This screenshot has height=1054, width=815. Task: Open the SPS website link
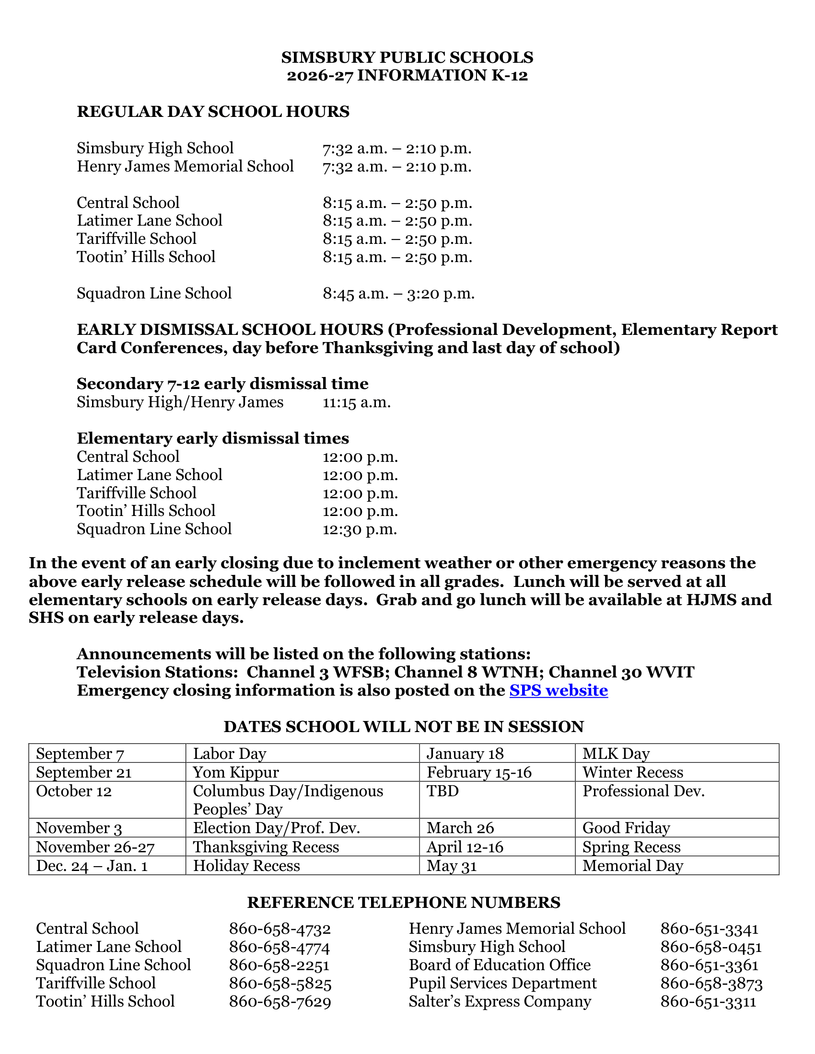click(x=558, y=690)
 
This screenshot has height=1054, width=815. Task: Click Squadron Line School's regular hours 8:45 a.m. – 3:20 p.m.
click(x=398, y=293)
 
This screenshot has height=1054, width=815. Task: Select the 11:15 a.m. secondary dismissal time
click(x=356, y=402)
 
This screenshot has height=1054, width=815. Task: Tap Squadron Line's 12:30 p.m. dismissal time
click(x=360, y=529)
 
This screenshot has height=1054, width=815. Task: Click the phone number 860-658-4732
click(x=279, y=928)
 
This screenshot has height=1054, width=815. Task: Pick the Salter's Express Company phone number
click(x=708, y=1002)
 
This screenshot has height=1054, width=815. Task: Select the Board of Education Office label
click(x=499, y=965)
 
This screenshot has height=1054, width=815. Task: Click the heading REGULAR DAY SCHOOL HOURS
click(x=213, y=112)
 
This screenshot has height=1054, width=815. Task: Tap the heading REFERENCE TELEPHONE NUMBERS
click(x=404, y=903)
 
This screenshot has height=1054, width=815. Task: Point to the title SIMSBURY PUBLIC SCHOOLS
click(x=407, y=57)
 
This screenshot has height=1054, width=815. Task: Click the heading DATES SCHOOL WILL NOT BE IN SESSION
click(x=404, y=727)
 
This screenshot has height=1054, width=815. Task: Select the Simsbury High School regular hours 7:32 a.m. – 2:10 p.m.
click(x=397, y=148)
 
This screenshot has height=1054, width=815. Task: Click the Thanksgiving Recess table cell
click(x=266, y=847)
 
